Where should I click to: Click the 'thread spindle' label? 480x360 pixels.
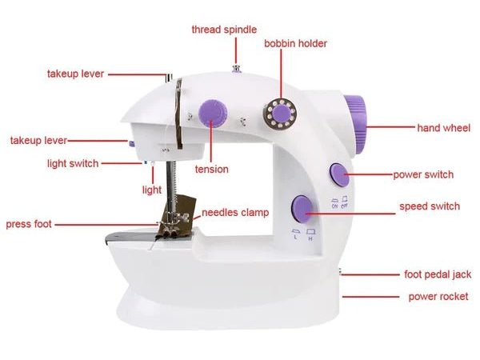coord(224,30)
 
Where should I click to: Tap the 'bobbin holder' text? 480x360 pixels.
coord(295,43)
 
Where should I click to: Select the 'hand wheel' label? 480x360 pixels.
coord(443,128)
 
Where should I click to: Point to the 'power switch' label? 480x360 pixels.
coord(423,174)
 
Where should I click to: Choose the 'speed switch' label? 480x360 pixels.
coord(430,206)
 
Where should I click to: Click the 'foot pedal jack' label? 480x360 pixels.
coord(438,274)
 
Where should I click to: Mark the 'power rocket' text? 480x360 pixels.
coord(438,296)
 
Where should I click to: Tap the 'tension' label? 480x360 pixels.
coord(211,169)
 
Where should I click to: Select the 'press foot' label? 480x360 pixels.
coord(29,224)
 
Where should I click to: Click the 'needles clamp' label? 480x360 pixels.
coord(235,213)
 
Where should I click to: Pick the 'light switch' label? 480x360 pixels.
coord(73,163)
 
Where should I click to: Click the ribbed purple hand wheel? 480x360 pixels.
coord(356,124)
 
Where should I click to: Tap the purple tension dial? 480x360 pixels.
coord(213,113)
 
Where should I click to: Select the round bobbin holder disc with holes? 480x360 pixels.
coord(279,114)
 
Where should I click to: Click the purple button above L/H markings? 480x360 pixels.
coord(301,209)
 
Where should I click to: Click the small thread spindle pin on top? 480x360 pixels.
coord(236,69)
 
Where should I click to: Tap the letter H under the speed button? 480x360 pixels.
coord(310,238)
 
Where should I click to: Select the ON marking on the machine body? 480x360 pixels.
coord(334,206)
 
